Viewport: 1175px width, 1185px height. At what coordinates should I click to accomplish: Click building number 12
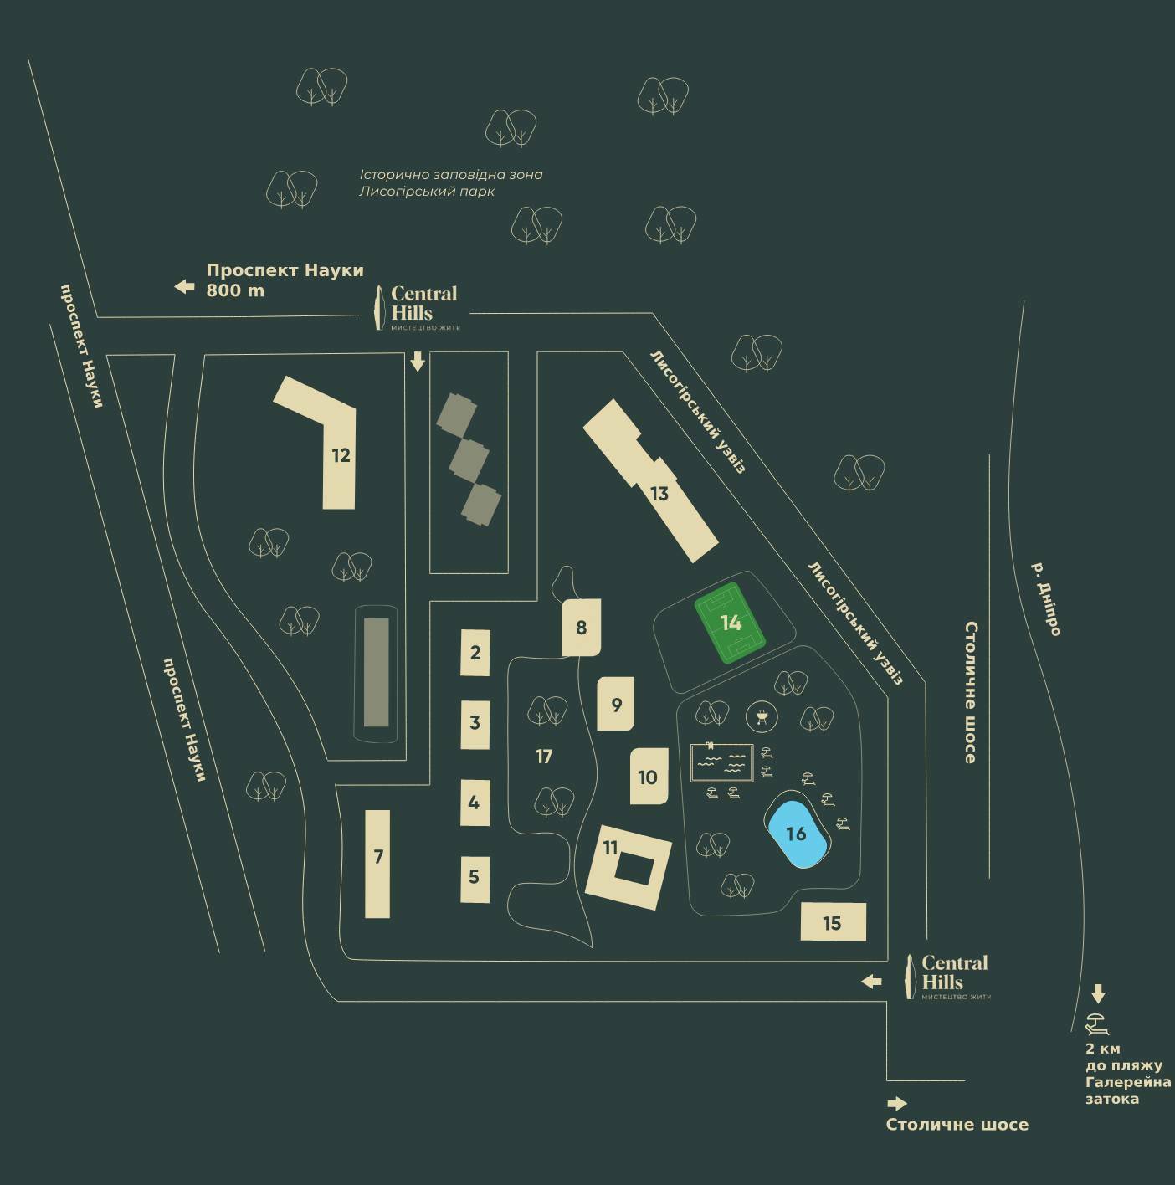tap(339, 455)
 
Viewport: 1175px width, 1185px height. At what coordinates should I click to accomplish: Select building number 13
tap(659, 493)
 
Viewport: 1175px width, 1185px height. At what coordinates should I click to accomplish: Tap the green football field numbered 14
tap(731, 623)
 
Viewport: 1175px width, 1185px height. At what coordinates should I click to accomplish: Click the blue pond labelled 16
tap(796, 834)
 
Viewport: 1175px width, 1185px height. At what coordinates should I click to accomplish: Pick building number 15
tap(832, 922)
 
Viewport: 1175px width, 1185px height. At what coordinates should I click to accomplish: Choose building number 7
tap(378, 864)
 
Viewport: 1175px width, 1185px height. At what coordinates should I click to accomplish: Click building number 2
tap(475, 653)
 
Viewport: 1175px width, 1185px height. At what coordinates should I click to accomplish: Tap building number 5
tap(475, 877)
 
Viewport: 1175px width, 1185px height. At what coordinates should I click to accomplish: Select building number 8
tap(582, 627)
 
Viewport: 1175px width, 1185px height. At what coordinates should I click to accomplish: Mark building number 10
tap(648, 777)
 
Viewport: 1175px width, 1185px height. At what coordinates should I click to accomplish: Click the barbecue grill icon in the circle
tap(762, 716)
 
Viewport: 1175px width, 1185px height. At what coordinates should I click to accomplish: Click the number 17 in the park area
tap(544, 757)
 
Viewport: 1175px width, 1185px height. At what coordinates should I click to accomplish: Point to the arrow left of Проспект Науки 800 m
tap(184, 287)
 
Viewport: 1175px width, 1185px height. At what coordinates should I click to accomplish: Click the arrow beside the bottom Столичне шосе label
tap(896, 1104)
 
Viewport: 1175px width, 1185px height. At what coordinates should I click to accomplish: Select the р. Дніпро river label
tap(1046, 598)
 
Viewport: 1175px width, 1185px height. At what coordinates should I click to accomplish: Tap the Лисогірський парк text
tap(427, 192)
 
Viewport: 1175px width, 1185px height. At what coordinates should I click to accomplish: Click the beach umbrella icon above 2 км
tap(1097, 1023)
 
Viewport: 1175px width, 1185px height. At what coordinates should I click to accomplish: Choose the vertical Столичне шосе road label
tap(971, 691)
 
